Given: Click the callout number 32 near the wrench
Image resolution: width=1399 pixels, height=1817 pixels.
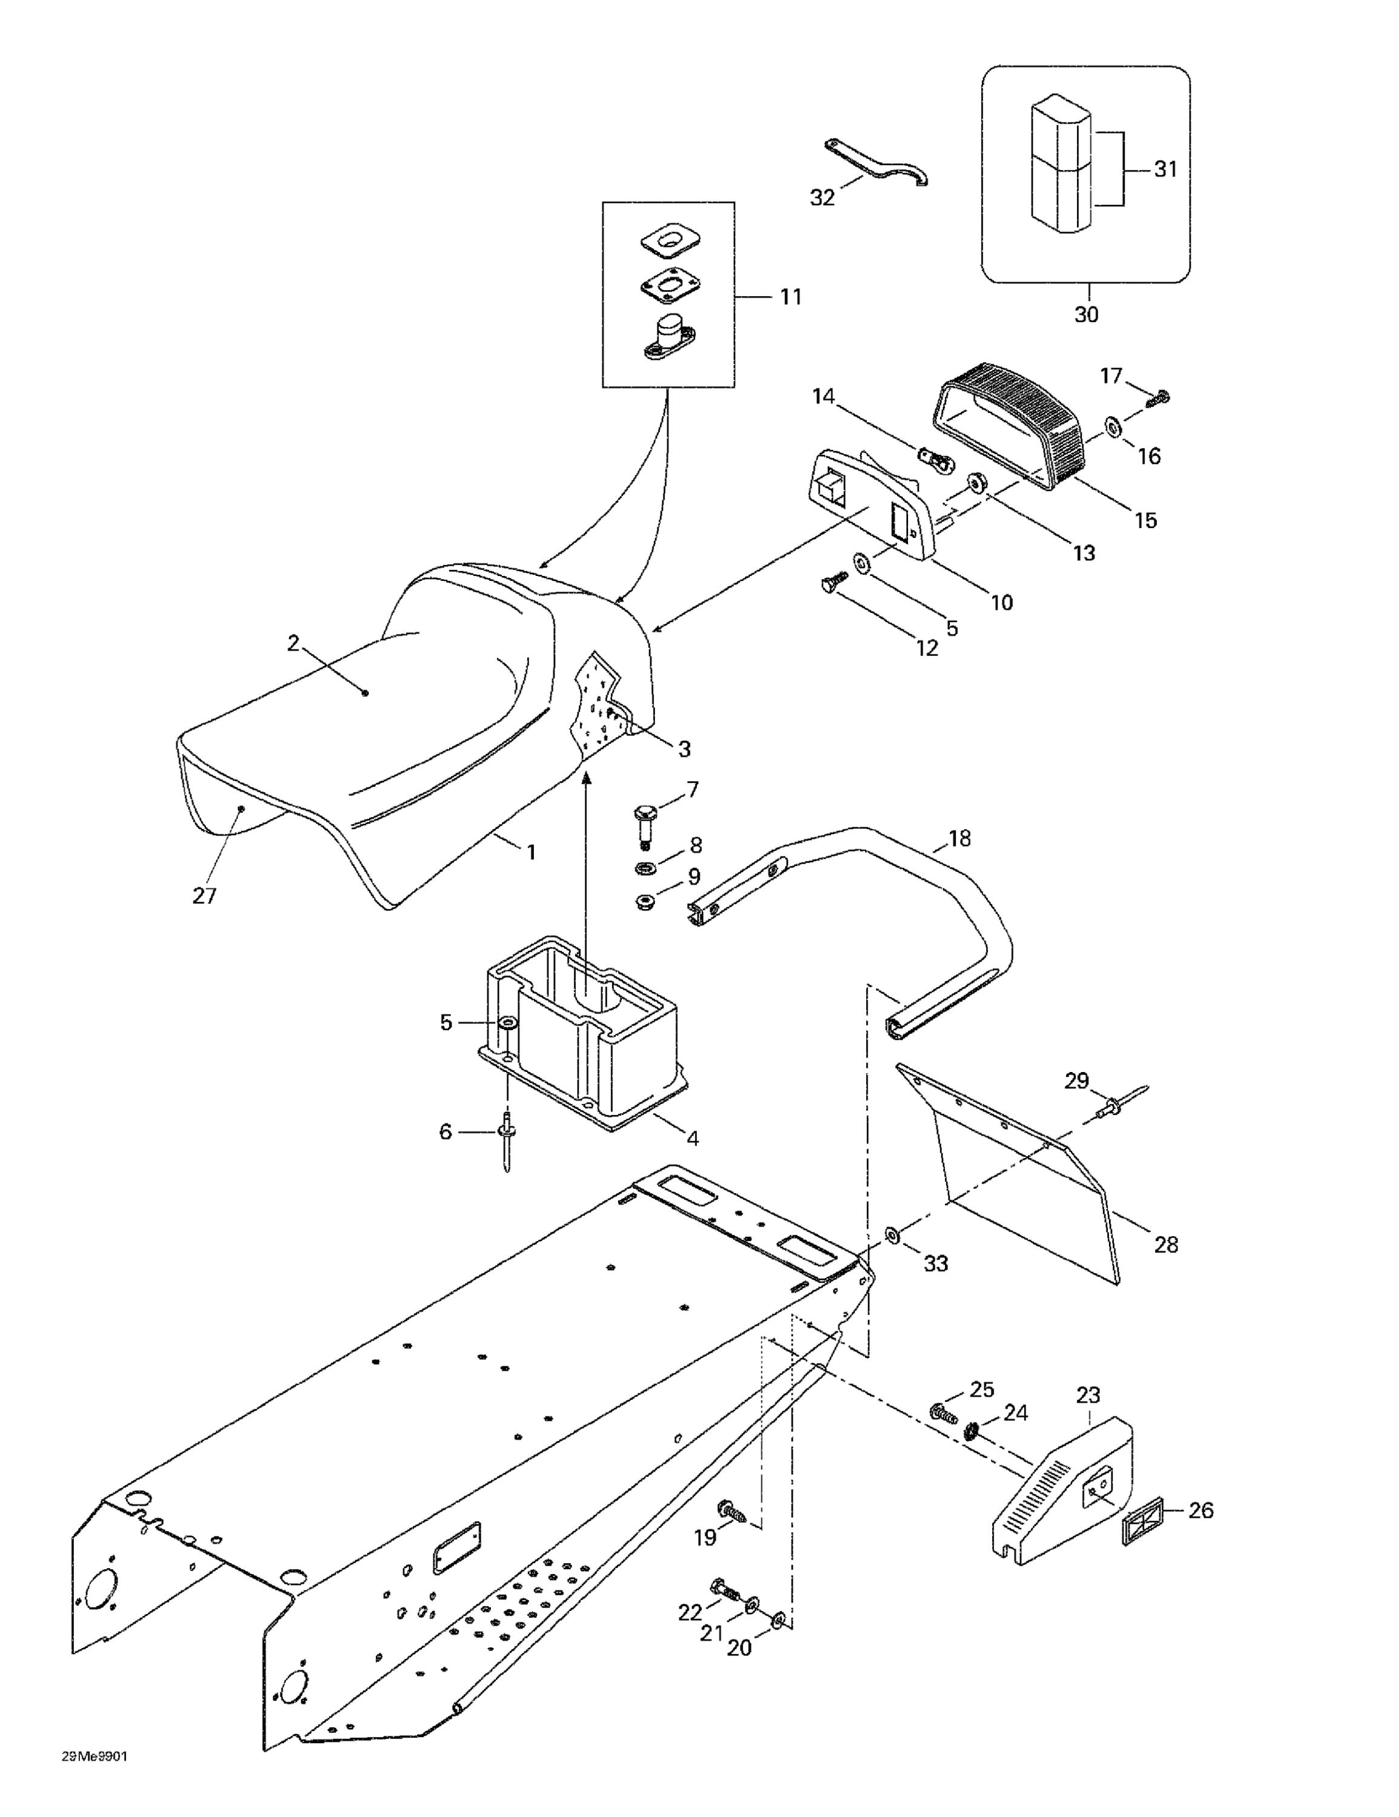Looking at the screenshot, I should click(x=821, y=198).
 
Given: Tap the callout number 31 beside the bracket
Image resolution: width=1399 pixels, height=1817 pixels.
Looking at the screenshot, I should click(x=1165, y=169).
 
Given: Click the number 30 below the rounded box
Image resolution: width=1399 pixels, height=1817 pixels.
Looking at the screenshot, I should click(x=1086, y=314).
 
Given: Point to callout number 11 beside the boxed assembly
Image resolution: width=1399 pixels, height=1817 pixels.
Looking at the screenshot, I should click(x=790, y=296).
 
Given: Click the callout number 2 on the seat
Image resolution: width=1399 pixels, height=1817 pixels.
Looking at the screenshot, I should click(x=293, y=643).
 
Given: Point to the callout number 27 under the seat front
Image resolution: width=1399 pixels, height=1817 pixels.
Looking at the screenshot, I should click(x=205, y=895).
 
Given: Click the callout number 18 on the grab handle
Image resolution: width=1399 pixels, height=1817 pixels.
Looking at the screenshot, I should click(x=959, y=839).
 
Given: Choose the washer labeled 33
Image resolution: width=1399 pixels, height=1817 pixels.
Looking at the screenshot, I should click(x=892, y=1234).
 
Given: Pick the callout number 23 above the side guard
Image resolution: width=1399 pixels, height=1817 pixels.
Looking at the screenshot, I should click(x=1088, y=1394).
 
